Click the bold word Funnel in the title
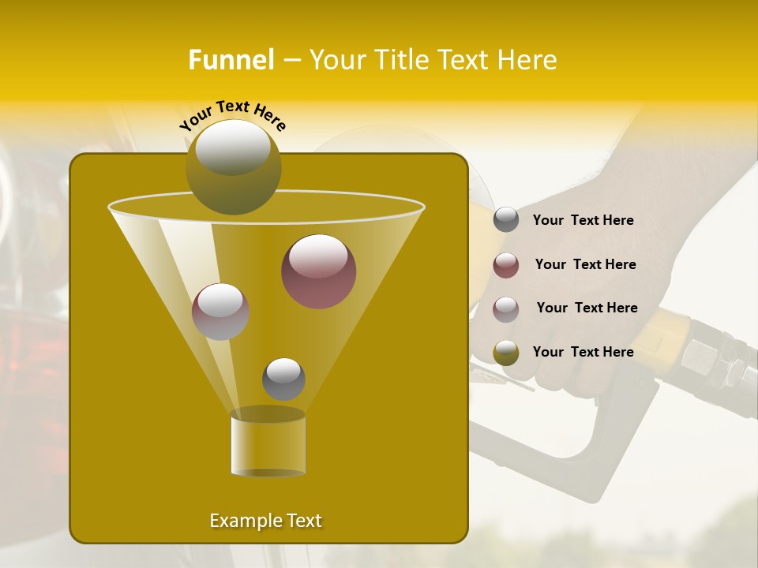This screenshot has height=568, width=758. [231, 60]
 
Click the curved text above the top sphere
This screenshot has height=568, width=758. [233, 116]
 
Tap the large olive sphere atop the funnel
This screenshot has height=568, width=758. [233, 166]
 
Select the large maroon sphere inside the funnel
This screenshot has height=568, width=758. [318, 271]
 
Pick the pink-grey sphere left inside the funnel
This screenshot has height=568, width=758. [221, 311]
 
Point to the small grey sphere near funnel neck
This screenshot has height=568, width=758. [283, 379]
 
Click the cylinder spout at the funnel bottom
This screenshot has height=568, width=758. [268, 443]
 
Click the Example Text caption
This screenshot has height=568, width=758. [265, 521]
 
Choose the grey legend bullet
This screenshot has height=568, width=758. [506, 220]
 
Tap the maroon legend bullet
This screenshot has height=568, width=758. [506, 265]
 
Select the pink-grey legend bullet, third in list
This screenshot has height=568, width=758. [506, 308]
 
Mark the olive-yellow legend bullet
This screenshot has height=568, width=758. [506, 353]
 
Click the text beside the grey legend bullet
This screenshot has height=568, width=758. [583, 220]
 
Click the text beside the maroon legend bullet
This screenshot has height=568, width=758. [585, 264]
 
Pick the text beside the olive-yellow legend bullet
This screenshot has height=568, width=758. [583, 352]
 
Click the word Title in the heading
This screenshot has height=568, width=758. [404, 60]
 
